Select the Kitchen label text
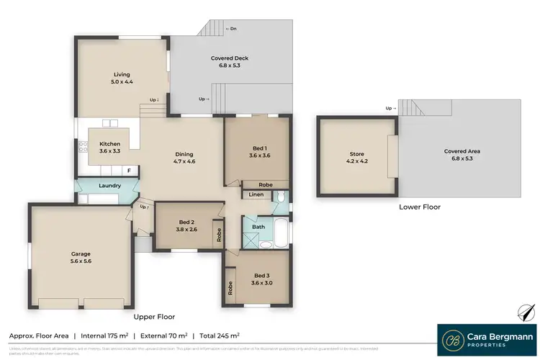click(x=109, y=148)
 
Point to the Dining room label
click(x=185, y=158)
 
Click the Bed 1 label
click(x=258, y=151)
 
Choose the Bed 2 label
click(x=186, y=225)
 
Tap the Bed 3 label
click(x=263, y=279)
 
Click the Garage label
click(x=80, y=258)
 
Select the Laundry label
click(x=109, y=186)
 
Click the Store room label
click(x=357, y=158)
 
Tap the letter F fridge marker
click(x=129, y=171)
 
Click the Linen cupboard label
click(x=256, y=194)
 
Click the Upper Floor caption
click(x=154, y=317)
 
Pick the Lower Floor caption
click(x=420, y=207)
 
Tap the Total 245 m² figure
click(x=219, y=336)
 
